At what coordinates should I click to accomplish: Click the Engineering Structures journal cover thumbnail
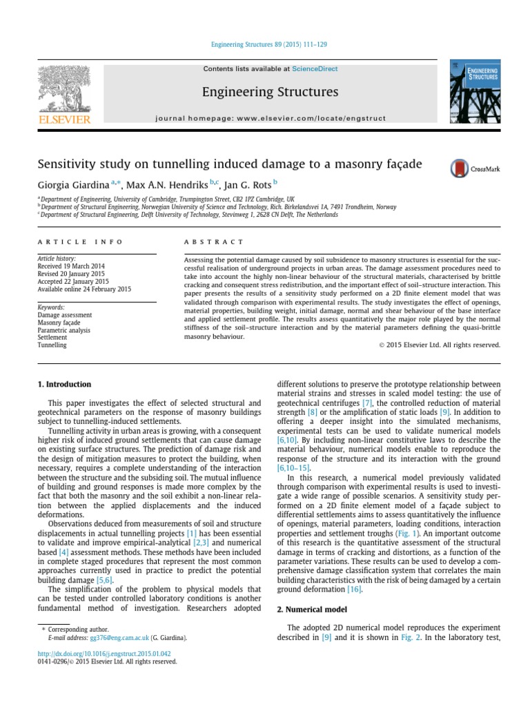[x=475, y=92]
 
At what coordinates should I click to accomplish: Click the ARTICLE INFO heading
[x=79, y=242]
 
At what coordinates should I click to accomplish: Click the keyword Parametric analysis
[x=64, y=330]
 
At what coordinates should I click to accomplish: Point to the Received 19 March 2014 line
[x=70, y=265]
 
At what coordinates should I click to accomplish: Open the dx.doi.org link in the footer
[x=104, y=653]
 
